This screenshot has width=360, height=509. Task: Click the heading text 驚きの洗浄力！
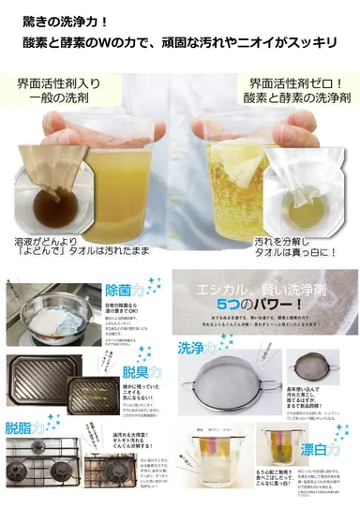[x=65, y=18]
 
